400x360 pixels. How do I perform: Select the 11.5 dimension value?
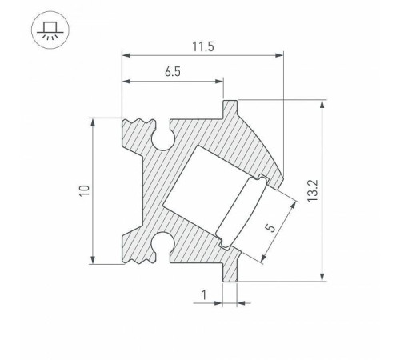coord(203,46)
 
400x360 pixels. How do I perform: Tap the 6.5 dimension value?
coord(172,73)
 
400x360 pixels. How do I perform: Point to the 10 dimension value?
coord(84,190)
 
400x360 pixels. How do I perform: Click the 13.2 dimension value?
coord(313,190)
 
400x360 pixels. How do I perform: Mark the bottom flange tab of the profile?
coord(230,270)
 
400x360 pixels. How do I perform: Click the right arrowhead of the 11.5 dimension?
coord(279,55)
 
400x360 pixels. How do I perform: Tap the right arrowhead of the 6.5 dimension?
coord(218,81)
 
